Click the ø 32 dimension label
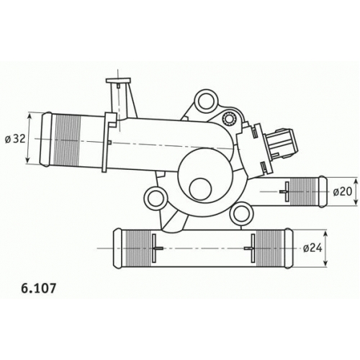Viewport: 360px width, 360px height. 15,139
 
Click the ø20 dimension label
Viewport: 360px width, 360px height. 343,192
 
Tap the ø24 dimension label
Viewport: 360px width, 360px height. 312,248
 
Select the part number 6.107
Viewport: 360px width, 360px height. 39,288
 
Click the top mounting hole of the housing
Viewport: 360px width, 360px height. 207,102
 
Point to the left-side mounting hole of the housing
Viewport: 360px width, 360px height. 156,199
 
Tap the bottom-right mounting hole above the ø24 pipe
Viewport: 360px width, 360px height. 241,213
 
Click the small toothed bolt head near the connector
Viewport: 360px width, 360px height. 230,118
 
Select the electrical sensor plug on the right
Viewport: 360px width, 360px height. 280,144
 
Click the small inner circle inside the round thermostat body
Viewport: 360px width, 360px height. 200,189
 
